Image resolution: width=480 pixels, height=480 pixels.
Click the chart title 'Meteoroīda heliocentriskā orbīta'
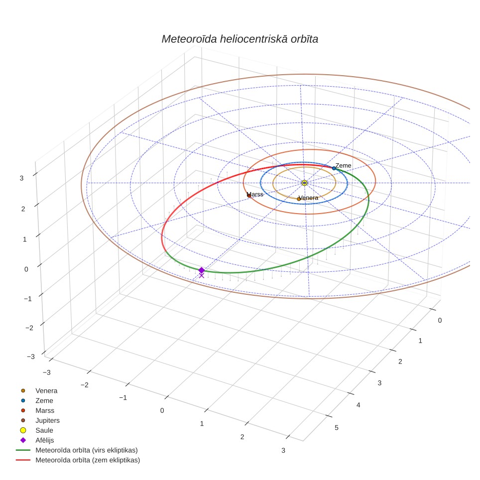[240, 39]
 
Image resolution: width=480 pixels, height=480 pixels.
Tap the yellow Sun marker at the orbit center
[304, 183]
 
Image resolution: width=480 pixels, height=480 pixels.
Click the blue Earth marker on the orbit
[334, 168]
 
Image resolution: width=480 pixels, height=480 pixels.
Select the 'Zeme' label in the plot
[344, 166]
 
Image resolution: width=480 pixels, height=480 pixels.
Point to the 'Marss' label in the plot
[255, 194]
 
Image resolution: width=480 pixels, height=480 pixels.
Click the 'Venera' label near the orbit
[309, 198]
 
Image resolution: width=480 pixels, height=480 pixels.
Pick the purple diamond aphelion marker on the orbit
[202, 270]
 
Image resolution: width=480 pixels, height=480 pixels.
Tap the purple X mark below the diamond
[202, 275]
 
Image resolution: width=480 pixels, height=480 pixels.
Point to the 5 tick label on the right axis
[337, 428]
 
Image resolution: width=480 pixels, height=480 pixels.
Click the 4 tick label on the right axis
[358, 405]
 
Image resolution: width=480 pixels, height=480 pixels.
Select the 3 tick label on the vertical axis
[21, 178]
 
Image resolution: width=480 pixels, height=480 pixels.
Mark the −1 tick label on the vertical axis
[27, 299]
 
